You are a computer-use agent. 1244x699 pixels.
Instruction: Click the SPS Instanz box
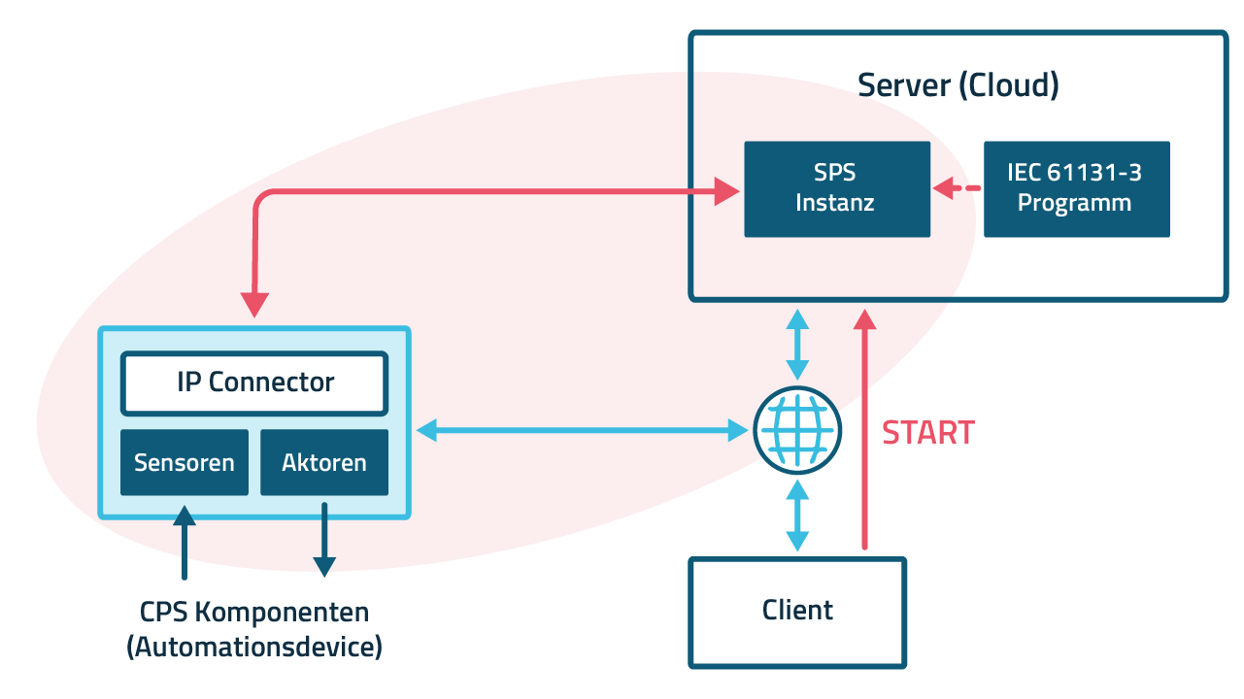click(836, 189)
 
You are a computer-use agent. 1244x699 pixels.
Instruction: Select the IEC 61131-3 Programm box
click(1076, 189)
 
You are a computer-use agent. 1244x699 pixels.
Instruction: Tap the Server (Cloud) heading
click(958, 85)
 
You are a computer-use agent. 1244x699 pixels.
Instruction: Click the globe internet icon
click(796, 431)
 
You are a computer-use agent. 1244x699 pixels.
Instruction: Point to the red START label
click(927, 433)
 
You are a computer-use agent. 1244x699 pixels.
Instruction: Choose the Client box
click(797, 612)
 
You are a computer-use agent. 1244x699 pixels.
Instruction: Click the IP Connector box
click(254, 383)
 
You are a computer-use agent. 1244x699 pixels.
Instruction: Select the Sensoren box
click(185, 463)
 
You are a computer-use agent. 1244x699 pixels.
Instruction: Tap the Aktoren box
click(324, 463)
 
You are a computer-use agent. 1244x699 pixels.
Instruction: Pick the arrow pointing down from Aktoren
click(324, 540)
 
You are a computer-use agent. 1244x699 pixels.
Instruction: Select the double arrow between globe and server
click(797, 345)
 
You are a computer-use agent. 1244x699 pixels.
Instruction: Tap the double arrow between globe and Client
click(797, 516)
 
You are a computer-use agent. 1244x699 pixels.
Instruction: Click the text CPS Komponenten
click(254, 613)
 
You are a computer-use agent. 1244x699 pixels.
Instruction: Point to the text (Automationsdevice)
click(254, 646)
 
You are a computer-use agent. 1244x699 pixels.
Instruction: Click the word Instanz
click(835, 203)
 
